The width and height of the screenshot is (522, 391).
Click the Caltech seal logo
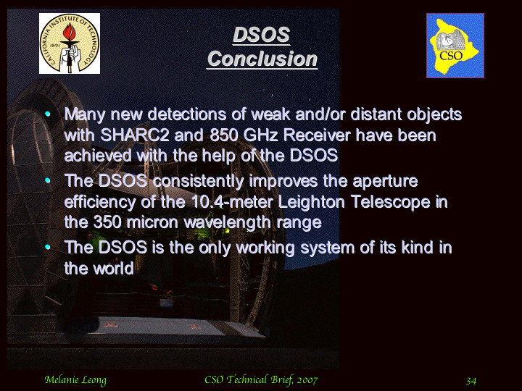coord(70,43)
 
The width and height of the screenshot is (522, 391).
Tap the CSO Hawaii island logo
coord(455,46)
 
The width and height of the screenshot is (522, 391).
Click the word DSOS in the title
coord(262,35)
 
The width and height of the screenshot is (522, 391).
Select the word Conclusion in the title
coord(262,59)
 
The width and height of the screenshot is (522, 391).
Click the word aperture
coord(385,182)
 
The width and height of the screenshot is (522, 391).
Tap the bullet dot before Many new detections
coord(48,114)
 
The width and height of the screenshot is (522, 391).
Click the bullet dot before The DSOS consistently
coord(48,180)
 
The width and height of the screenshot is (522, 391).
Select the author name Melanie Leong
coord(75,380)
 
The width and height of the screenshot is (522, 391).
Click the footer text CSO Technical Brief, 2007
coord(261,379)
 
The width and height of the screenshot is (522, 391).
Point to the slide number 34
coord(471,381)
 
